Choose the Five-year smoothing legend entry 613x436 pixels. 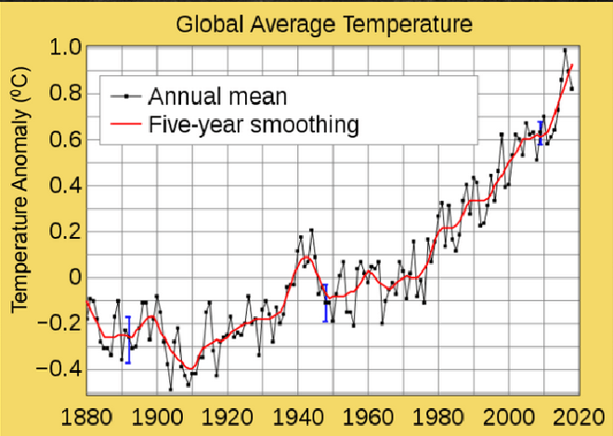click(x=254, y=123)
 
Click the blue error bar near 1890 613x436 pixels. click(x=127, y=339)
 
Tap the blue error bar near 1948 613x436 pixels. click(x=325, y=302)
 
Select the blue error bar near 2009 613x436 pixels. click(x=540, y=133)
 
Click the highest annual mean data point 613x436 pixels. click(x=565, y=50)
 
